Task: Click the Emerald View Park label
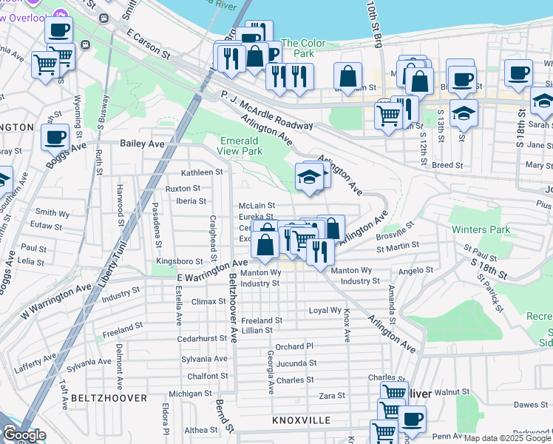click(x=240, y=145)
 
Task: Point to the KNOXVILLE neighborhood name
click(x=301, y=420)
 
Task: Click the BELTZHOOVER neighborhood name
click(x=101, y=397)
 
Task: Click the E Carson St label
click(x=148, y=44)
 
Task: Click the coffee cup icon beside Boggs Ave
click(x=55, y=136)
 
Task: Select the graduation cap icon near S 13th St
click(x=464, y=112)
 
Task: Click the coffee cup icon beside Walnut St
click(x=412, y=420)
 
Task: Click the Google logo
click(x=24, y=436)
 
